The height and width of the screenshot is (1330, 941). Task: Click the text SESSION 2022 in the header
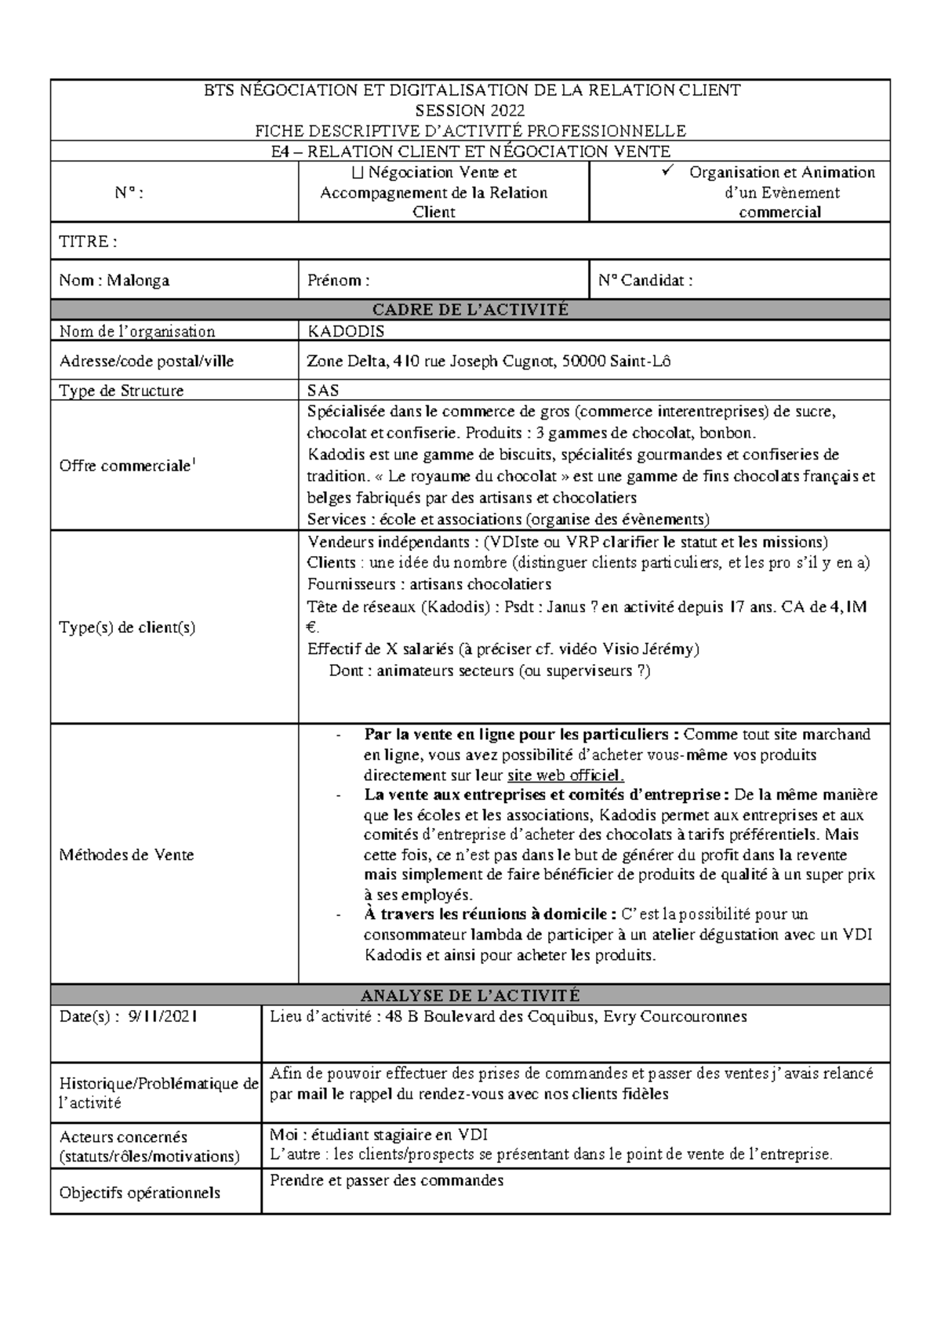470,111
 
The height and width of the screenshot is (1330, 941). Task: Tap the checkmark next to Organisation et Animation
667,172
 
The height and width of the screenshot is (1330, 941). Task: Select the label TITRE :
88,242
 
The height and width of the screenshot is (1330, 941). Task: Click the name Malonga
138,281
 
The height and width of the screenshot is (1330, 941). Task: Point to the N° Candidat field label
645,281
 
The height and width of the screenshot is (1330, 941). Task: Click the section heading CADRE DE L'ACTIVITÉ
470,310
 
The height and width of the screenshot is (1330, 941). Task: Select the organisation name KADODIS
346,332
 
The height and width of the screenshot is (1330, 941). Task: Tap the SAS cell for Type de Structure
323,391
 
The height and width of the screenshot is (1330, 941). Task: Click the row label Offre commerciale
125,466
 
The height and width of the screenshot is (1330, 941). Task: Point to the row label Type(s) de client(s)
127,627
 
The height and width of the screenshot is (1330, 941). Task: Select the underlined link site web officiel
565,776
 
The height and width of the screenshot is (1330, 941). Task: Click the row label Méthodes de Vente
126,855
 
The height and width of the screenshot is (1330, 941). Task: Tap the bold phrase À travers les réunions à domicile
490,914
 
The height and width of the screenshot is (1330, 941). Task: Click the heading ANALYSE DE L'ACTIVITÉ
470,996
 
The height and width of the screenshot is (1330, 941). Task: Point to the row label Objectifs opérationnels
140,1193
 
